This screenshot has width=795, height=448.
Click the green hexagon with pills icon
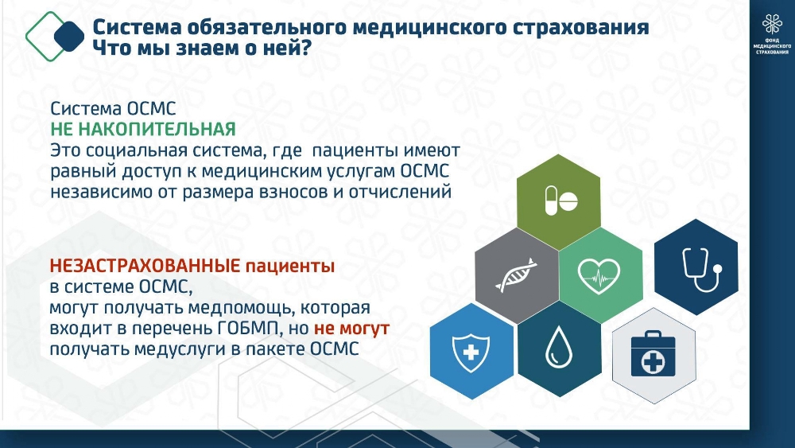point(559,201)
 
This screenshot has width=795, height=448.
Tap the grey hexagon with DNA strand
point(518,275)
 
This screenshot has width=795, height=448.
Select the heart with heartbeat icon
point(599,276)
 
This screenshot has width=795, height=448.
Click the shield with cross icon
point(471,352)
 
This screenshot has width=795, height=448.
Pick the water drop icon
point(559,347)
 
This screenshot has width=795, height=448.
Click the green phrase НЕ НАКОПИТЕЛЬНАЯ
point(143,130)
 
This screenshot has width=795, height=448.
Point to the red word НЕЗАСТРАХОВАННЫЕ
point(145,265)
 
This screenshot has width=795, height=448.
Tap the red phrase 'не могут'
point(351,329)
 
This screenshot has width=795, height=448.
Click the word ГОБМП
point(249,329)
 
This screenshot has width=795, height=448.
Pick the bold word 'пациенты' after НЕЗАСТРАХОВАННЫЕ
point(290,267)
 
